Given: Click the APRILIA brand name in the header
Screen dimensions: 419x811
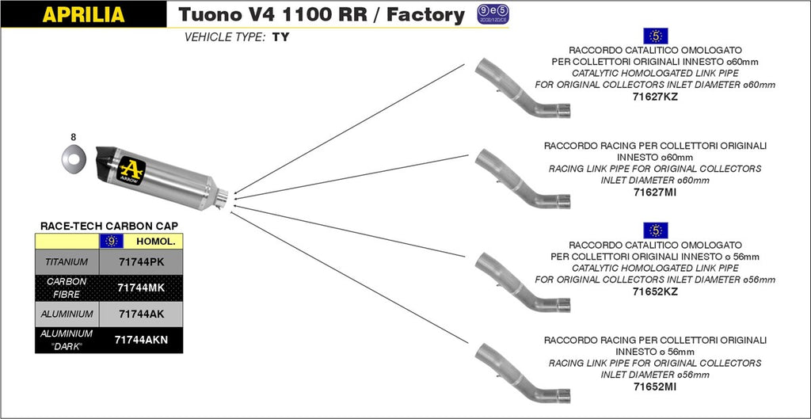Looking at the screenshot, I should [82, 14].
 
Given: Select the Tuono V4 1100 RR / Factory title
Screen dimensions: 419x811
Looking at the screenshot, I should [322, 14].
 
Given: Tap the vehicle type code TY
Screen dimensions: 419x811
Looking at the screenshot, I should [280, 37].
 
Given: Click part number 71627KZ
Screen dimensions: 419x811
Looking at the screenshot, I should [655, 97].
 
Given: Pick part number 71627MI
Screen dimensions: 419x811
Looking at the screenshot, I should [655, 192].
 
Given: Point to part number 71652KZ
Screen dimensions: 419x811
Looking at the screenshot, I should [655, 291].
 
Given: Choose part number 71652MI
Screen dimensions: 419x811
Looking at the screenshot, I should [655, 387].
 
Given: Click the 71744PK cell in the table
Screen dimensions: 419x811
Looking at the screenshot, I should [140, 261].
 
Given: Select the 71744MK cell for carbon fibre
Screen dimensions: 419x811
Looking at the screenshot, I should [140, 288].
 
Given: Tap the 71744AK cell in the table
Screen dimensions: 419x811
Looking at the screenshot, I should [140, 314].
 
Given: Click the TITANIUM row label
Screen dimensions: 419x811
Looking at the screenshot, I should [67, 261].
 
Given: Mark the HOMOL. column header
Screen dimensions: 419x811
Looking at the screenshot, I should [155, 240].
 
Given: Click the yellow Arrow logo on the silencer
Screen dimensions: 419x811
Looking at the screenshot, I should [131, 169].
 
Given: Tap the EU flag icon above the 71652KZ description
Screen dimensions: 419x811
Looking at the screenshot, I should [657, 230].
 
